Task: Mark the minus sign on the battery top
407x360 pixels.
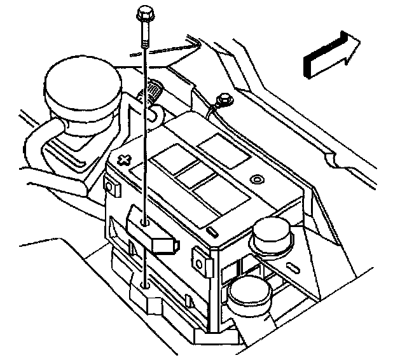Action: click(211, 228)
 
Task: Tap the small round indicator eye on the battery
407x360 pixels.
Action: click(256, 179)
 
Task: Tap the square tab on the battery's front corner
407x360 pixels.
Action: click(202, 263)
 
